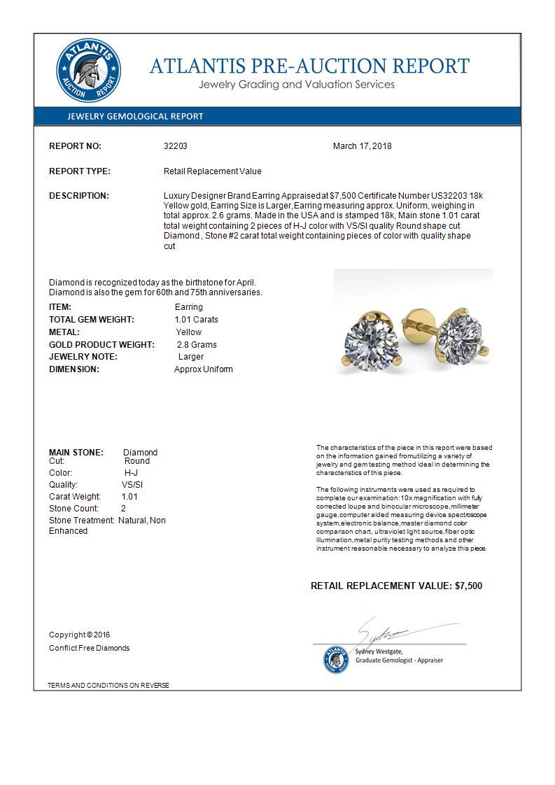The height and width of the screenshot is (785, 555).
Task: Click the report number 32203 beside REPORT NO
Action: point(175,146)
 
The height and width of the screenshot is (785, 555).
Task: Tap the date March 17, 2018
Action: point(362,146)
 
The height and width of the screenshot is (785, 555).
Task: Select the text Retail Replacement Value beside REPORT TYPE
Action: point(212,171)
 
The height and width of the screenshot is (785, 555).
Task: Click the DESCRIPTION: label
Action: point(79,196)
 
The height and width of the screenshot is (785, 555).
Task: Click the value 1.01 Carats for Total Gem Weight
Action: point(196,320)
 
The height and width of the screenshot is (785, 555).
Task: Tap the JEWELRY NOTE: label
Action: point(83,357)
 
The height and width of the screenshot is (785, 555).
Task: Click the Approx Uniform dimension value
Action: point(204,369)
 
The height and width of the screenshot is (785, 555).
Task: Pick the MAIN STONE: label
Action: point(76,453)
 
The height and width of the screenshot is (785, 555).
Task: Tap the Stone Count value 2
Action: point(124,509)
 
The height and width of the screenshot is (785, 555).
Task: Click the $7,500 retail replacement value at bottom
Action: point(468,586)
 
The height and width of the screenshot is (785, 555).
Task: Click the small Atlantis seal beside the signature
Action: point(336,659)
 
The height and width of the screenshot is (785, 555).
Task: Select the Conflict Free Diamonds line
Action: point(89,648)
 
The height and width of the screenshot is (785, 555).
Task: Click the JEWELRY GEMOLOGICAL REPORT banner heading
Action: point(135,117)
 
